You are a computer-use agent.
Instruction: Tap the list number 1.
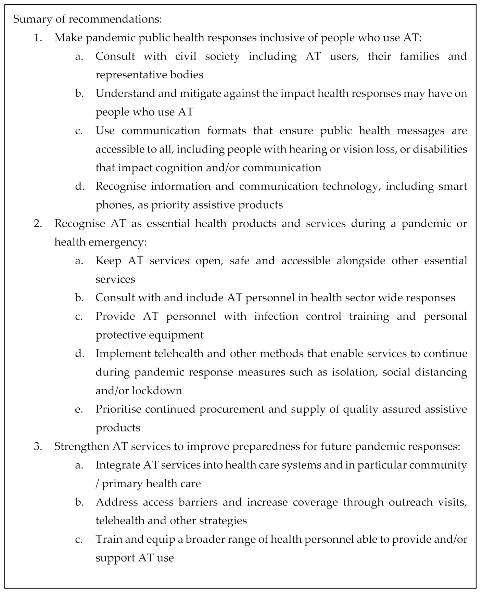coord(38,38)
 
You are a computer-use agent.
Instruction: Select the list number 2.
coord(38,224)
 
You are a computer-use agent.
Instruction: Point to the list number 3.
coord(38,447)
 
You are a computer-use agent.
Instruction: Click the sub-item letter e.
coord(79,409)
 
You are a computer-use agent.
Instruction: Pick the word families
coord(419,56)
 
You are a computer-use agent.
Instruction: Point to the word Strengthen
coord(80,447)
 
